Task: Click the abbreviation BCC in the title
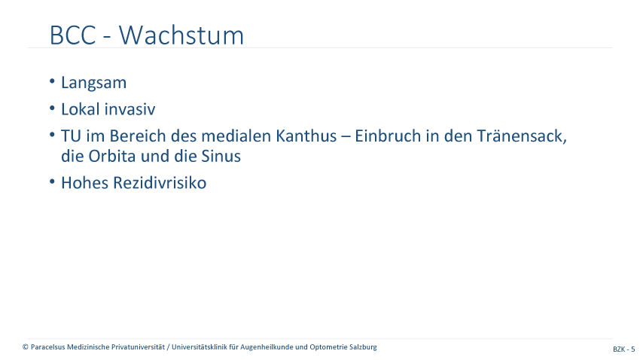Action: (x=72, y=35)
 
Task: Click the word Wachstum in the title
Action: (x=181, y=35)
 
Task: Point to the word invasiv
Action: (x=130, y=109)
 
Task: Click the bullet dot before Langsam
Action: (x=52, y=81)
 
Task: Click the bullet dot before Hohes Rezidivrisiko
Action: (x=52, y=182)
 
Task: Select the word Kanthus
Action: (x=306, y=136)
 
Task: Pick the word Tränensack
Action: (x=522, y=136)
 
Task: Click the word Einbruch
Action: (x=388, y=136)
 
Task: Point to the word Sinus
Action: (x=221, y=156)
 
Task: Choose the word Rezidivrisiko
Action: (x=160, y=183)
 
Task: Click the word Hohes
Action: (x=84, y=183)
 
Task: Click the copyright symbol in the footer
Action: (x=26, y=347)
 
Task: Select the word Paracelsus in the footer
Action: (x=47, y=347)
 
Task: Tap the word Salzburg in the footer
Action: (x=363, y=347)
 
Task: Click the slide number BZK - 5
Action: (x=623, y=349)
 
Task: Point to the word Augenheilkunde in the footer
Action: (x=267, y=347)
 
